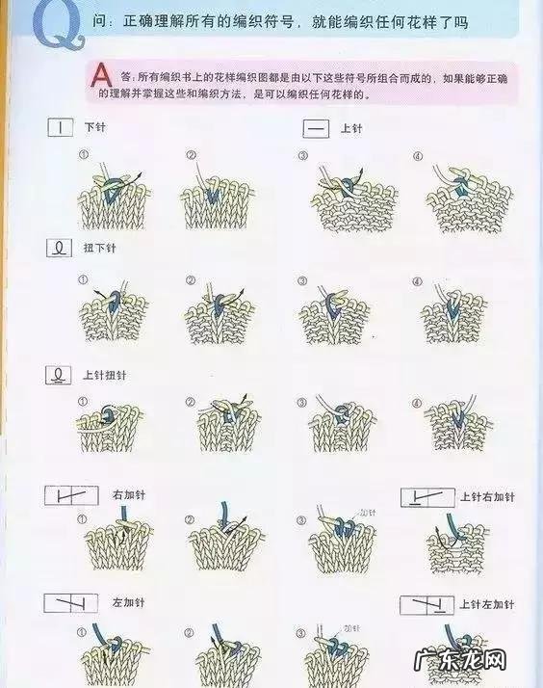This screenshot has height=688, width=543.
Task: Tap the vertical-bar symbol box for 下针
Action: [x=61, y=127]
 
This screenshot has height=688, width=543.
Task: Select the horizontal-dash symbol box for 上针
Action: [x=315, y=127]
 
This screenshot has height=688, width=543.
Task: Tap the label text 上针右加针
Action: [x=487, y=497]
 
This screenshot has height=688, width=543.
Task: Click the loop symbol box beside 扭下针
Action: [x=60, y=249]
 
